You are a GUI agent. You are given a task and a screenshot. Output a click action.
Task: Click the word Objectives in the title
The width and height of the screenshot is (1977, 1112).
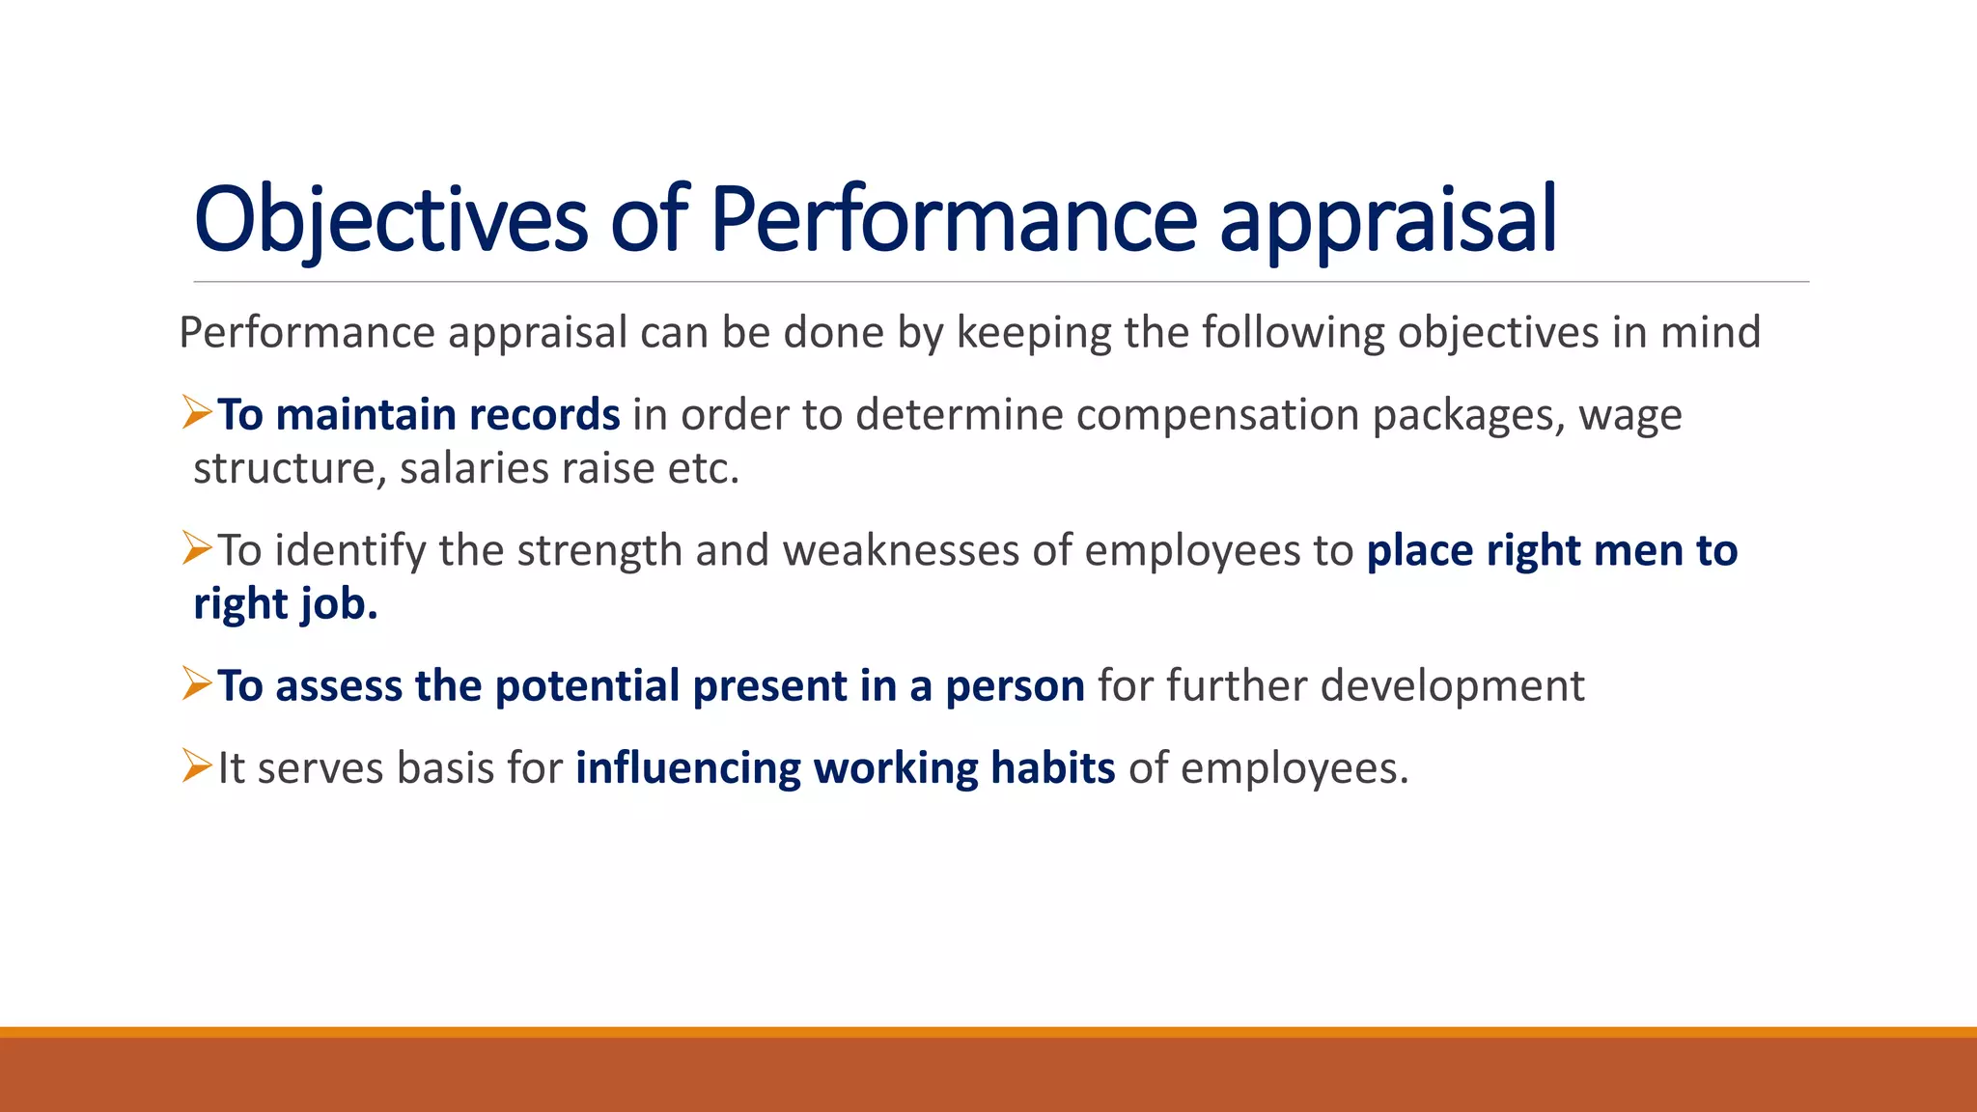pyautogui.click(x=391, y=220)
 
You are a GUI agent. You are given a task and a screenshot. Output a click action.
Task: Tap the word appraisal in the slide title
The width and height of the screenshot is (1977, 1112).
pyautogui.click(x=1388, y=220)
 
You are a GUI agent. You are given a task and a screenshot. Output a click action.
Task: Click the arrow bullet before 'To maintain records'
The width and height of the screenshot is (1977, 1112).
pyautogui.click(x=197, y=413)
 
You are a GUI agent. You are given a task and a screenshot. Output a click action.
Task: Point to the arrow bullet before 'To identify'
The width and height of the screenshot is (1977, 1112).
pyautogui.click(x=197, y=549)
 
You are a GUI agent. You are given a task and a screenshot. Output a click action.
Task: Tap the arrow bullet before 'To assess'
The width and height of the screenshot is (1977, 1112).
pyautogui.click(x=197, y=684)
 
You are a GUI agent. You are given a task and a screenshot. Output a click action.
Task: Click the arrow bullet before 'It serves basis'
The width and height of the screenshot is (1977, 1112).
pyautogui.click(x=197, y=767)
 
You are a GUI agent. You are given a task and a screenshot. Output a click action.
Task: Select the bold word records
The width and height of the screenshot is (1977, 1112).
pyautogui.click(x=544, y=415)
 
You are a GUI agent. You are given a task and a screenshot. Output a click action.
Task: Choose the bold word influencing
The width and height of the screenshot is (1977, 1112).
pyautogui.click(x=688, y=769)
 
